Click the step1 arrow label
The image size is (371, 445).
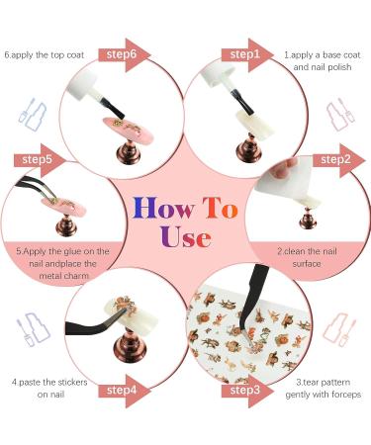(x=245, y=54)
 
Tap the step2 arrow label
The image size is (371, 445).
(x=336, y=160)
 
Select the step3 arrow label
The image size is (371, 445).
(x=245, y=391)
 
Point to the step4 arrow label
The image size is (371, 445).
(x=122, y=391)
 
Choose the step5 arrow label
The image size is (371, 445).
(x=38, y=160)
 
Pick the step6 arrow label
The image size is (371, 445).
(x=122, y=54)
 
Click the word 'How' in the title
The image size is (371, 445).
(x=163, y=209)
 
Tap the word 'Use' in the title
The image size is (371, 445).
(x=185, y=236)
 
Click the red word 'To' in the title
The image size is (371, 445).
(x=221, y=208)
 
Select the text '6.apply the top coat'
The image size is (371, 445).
(x=45, y=55)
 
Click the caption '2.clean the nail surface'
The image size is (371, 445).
(x=307, y=257)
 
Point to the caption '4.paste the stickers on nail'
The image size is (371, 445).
(x=49, y=388)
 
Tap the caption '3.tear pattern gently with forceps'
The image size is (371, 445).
(x=324, y=389)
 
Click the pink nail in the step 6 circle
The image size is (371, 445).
(x=129, y=130)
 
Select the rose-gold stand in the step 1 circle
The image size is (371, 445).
(x=249, y=149)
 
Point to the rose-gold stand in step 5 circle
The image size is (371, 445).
(x=66, y=225)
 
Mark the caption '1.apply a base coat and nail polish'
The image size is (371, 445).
(x=323, y=61)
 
